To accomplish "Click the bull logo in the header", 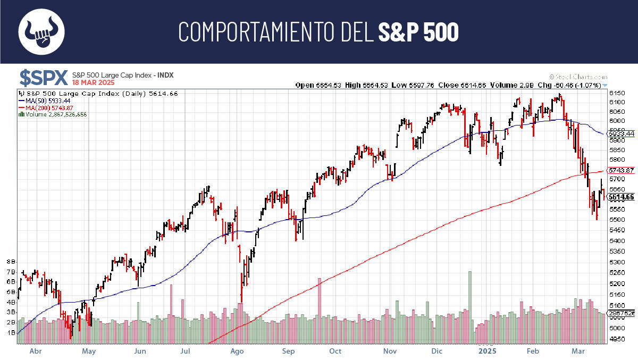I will pos(41,32).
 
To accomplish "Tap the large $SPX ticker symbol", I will pos(44,78).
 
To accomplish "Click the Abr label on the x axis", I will pos(36,351).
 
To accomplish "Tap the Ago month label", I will pos(237,351).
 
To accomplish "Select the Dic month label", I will pos(437,351).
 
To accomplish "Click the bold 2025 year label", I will pos(486,351).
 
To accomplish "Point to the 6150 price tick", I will pos(617,94).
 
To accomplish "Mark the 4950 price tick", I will pos(617,339).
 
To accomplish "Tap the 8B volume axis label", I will pos(11,262).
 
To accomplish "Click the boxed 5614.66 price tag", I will pos(621,197).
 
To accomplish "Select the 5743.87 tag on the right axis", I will pos(621,171).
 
